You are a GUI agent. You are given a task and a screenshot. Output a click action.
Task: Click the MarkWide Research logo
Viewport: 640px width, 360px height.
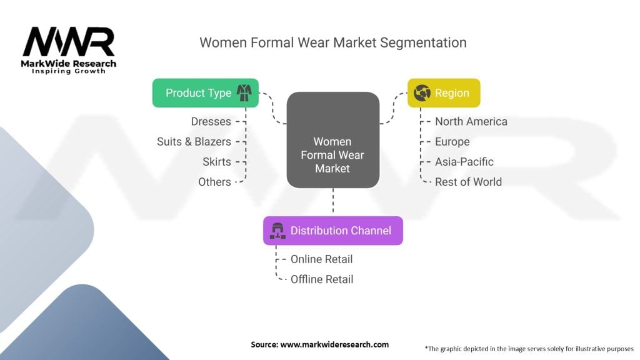point(69,50)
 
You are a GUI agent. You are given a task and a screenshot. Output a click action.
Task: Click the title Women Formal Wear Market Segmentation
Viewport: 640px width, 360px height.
point(332,42)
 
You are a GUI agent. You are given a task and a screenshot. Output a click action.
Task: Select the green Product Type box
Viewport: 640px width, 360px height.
point(197,92)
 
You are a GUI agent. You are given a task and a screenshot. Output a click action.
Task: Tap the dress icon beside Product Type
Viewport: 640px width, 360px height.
point(243,92)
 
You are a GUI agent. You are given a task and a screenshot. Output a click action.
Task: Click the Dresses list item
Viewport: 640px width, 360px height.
point(211,121)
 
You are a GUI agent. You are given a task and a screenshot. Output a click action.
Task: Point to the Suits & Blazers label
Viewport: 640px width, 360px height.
point(194,141)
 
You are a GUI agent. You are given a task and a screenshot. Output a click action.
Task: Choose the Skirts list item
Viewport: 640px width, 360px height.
point(216,161)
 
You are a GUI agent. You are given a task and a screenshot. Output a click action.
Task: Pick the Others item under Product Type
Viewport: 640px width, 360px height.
point(214,181)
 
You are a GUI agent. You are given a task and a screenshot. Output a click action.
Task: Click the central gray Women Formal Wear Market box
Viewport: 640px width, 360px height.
point(332,155)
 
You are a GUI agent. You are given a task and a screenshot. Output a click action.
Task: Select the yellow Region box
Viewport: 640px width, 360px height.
point(444,92)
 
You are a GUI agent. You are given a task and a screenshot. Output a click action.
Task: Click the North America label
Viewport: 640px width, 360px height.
point(471,121)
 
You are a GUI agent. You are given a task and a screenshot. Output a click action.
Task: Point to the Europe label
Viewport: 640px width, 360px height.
point(452,141)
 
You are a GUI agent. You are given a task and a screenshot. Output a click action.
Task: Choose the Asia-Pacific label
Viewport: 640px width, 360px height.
point(464,161)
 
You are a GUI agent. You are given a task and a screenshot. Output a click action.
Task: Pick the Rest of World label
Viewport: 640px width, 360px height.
point(468,181)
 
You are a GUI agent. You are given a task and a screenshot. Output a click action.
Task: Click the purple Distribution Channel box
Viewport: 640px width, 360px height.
point(332,231)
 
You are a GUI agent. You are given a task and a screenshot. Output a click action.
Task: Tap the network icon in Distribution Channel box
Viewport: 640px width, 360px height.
point(276,231)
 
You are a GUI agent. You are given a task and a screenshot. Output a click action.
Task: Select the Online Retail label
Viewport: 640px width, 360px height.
point(321,259)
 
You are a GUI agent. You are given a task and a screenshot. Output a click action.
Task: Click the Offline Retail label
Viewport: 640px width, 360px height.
point(322,279)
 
